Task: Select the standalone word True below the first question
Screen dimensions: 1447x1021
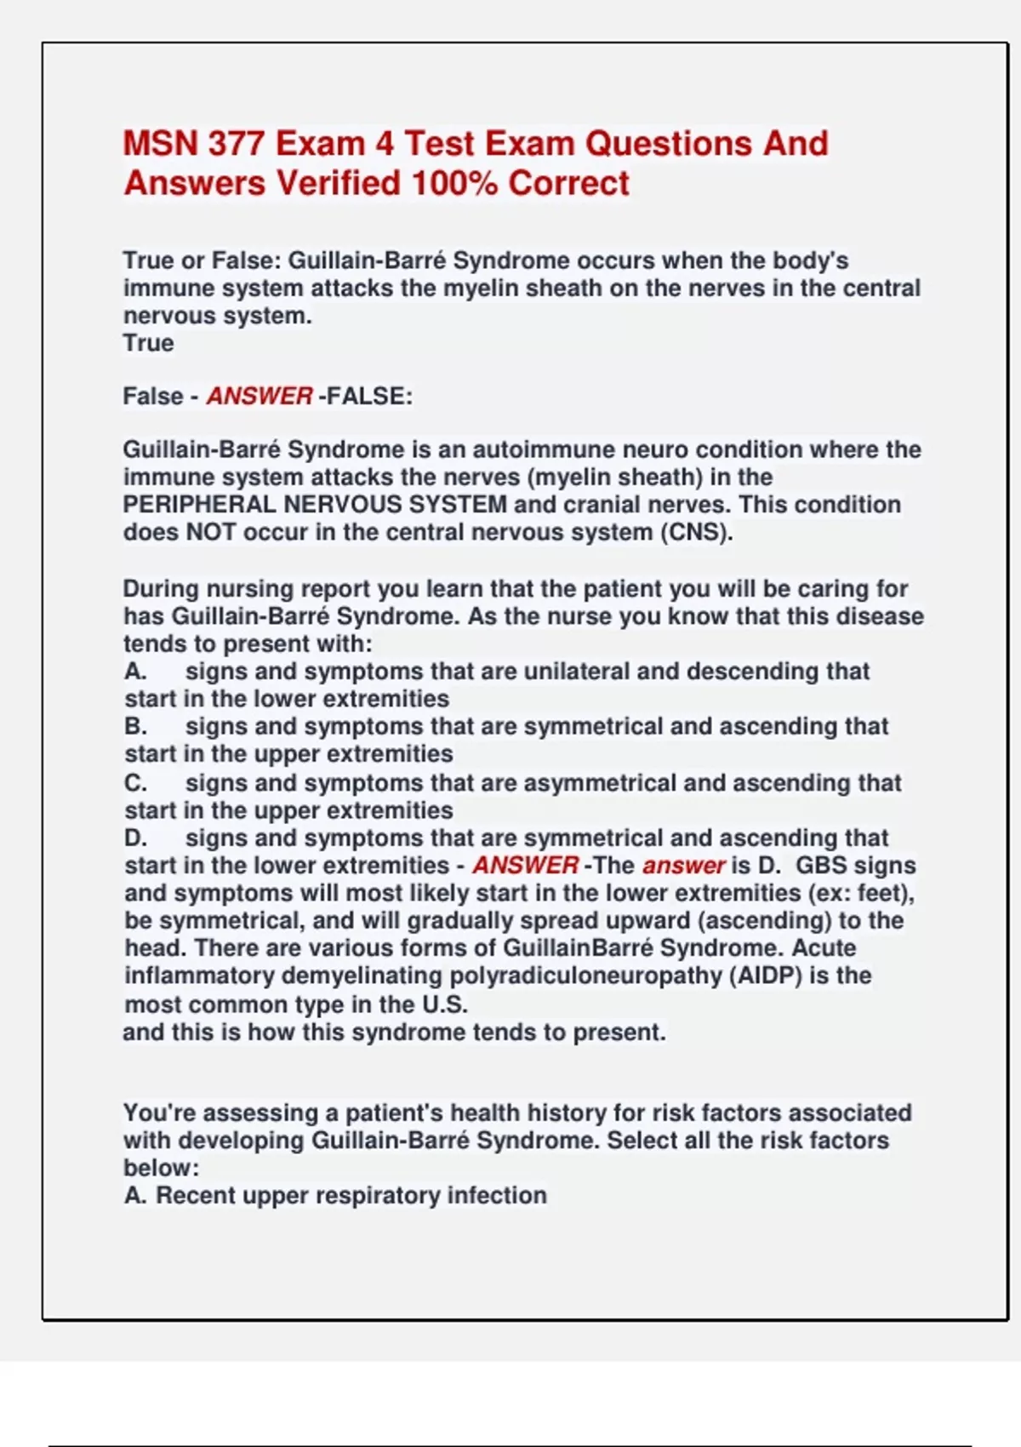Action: pyautogui.click(x=148, y=343)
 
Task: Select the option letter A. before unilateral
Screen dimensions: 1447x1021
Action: pyautogui.click(x=134, y=672)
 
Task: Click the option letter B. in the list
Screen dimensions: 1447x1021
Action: pyautogui.click(x=134, y=727)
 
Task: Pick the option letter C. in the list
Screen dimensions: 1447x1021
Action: pyautogui.click(x=134, y=783)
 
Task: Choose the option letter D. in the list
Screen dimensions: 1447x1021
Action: pyautogui.click(x=134, y=838)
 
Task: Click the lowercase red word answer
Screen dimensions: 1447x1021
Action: pyautogui.click(x=683, y=866)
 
